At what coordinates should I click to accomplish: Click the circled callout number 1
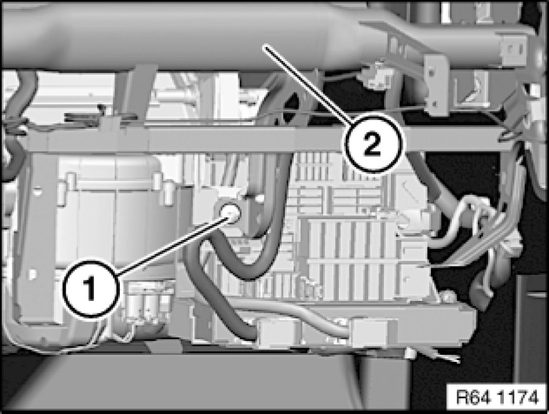click(x=92, y=288)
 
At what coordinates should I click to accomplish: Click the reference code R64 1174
click(x=496, y=398)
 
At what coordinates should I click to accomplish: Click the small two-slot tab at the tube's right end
click(x=513, y=49)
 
